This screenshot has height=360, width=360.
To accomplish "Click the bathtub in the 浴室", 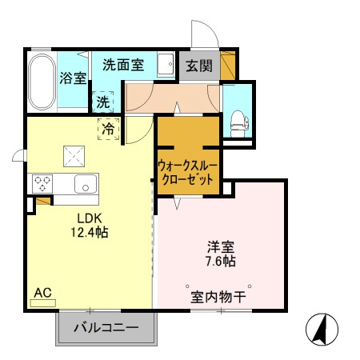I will pyautogui.click(x=41, y=82).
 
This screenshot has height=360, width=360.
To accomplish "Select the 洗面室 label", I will pyautogui.click(x=123, y=65).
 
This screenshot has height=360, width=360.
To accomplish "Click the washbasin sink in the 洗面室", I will pyautogui.click(x=166, y=64).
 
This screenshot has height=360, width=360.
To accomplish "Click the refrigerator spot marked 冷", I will pyautogui.click(x=108, y=128).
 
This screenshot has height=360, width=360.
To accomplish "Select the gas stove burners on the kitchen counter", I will pyautogui.click(x=42, y=183).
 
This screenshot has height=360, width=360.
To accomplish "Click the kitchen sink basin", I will pyautogui.click(x=84, y=184).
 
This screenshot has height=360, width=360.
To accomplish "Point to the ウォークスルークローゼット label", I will pyautogui.click(x=187, y=172).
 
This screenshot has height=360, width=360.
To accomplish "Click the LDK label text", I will pyautogui.click(x=88, y=218).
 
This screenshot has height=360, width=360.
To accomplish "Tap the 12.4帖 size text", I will pyautogui.click(x=90, y=233).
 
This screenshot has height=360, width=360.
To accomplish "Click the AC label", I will pyautogui.click(x=42, y=294).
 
